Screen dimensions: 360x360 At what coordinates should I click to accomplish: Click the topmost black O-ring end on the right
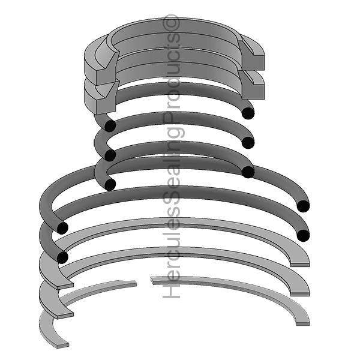point(247,112)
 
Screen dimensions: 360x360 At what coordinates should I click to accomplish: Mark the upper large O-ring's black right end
point(303,206)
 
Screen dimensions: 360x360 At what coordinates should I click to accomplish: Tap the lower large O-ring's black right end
point(303,235)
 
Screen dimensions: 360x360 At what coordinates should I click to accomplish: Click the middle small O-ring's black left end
point(110,155)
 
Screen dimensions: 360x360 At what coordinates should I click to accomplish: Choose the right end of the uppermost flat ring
point(300,259)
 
